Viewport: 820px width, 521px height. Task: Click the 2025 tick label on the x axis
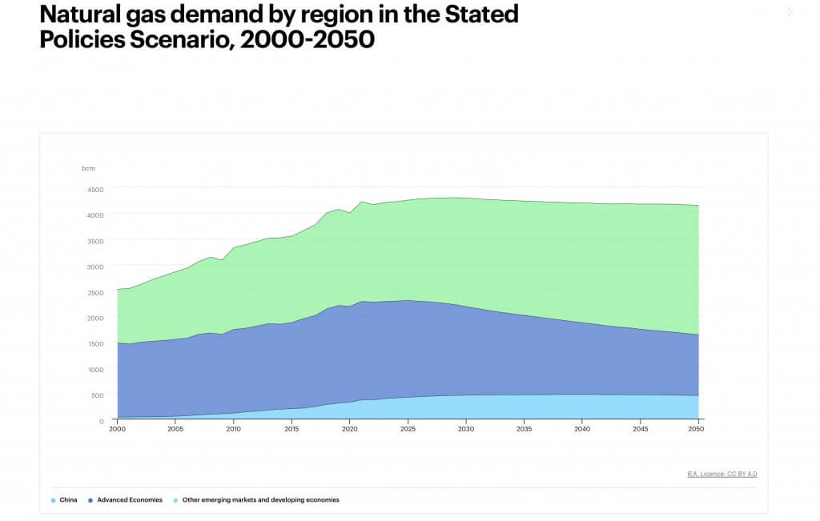coord(408,429)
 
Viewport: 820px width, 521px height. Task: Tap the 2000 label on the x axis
coord(117,429)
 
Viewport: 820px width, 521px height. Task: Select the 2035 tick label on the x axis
coord(524,429)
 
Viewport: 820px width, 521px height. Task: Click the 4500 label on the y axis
coord(95,190)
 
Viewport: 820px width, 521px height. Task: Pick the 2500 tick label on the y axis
coord(95,293)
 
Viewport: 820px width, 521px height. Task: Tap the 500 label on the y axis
coord(97,395)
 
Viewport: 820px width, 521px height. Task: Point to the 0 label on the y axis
coord(102,421)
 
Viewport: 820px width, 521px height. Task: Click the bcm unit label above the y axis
coord(87,169)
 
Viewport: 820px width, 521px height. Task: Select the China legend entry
coord(68,500)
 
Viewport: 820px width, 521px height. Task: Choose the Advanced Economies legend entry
coord(130,500)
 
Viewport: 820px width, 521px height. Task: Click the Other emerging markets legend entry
coord(261,500)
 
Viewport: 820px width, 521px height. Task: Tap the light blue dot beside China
coord(53,500)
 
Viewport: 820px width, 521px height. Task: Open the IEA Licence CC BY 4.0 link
coord(722,474)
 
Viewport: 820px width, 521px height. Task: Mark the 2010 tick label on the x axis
coord(233,429)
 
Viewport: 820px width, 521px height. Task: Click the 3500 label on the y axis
coord(95,241)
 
